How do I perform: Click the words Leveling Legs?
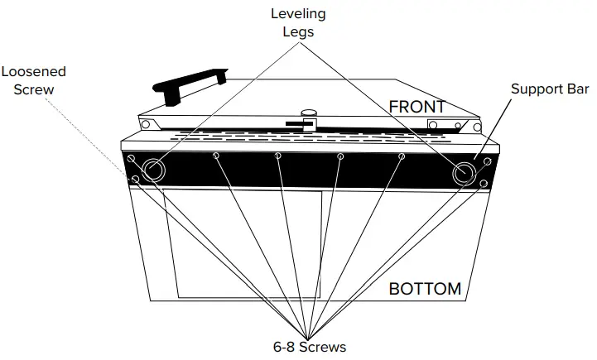point(298,22)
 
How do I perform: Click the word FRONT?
point(416,107)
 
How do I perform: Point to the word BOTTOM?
point(425,289)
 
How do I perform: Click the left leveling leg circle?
point(153,170)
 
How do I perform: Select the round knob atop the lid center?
point(309,115)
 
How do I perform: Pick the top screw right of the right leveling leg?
point(487,160)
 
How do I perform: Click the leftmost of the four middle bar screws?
point(216,156)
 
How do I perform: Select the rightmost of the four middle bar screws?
point(402,156)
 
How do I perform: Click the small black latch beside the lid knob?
point(295,123)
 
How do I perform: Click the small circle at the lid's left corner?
point(146,125)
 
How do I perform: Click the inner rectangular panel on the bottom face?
point(243,244)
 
